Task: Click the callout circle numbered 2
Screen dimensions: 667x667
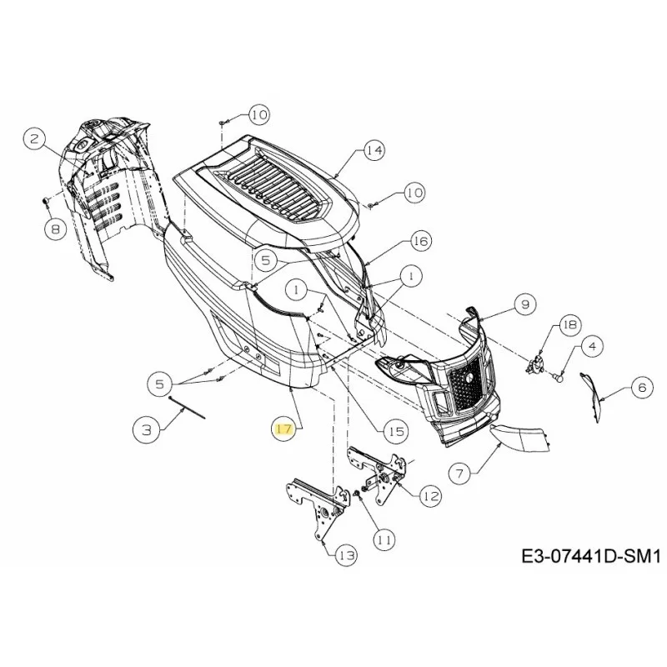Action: point(34,138)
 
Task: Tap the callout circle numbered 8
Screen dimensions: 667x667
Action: point(56,230)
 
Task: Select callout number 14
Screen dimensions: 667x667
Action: point(374,150)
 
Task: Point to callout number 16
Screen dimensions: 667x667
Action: point(420,241)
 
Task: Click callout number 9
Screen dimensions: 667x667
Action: point(525,304)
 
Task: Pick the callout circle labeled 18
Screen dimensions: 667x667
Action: point(570,324)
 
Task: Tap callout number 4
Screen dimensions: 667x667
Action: point(593,346)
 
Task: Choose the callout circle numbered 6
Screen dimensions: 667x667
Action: point(642,387)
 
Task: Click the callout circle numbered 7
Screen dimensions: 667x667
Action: point(460,473)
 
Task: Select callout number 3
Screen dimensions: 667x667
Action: point(147,430)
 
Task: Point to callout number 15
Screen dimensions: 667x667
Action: point(396,431)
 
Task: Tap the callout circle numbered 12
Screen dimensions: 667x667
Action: point(430,496)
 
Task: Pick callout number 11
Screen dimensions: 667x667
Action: point(384,539)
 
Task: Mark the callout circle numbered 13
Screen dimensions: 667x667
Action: point(346,555)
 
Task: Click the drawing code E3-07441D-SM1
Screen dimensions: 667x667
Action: point(591,556)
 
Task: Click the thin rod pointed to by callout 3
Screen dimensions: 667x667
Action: point(187,407)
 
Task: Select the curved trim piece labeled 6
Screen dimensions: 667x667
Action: point(592,398)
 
